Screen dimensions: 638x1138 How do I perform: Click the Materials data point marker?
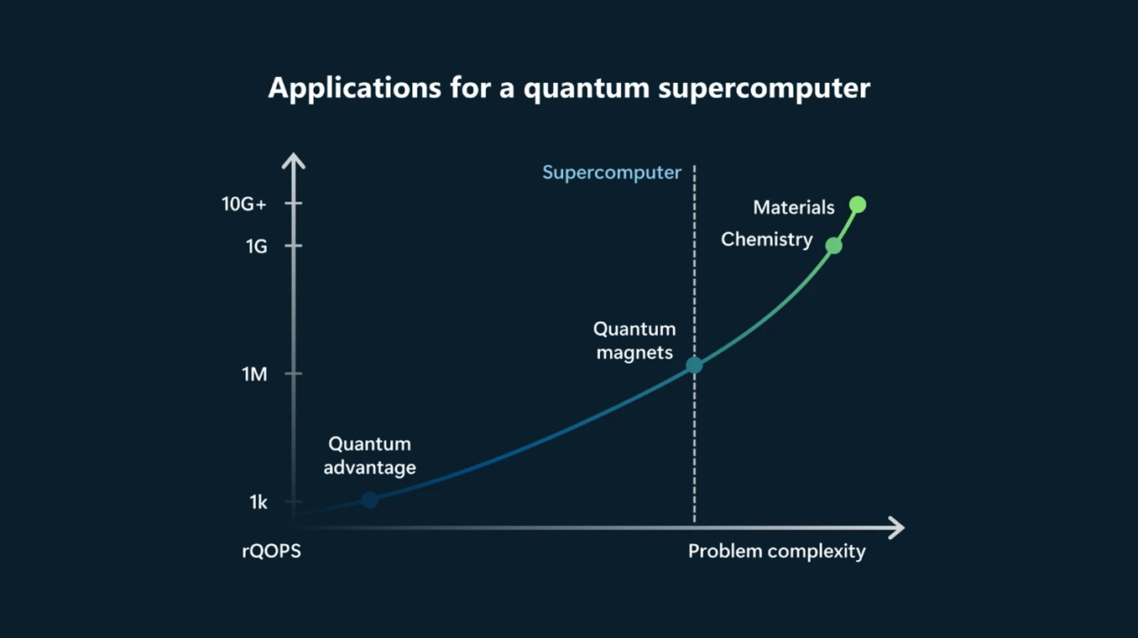(857, 205)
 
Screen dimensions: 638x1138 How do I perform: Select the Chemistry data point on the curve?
(833, 246)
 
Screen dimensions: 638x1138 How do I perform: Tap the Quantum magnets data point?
(694, 366)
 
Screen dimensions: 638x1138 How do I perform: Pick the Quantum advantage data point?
(369, 500)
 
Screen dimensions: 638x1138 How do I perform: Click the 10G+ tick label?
(243, 204)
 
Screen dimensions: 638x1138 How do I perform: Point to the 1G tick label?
(256, 246)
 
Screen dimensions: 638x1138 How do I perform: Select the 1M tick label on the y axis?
(254, 375)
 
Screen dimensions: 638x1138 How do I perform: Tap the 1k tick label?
(258, 502)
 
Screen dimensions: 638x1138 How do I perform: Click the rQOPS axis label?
(271, 552)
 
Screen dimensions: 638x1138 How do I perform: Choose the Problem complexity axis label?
(776, 552)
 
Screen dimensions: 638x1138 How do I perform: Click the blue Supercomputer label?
(611, 173)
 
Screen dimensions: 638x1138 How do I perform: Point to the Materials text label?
(793, 207)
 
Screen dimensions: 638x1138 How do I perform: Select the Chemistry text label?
(766, 240)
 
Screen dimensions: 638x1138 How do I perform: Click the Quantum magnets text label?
(634, 341)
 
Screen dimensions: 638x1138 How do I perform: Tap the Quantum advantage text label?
(369, 455)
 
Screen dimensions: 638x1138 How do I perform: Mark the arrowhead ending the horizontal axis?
(896, 528)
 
